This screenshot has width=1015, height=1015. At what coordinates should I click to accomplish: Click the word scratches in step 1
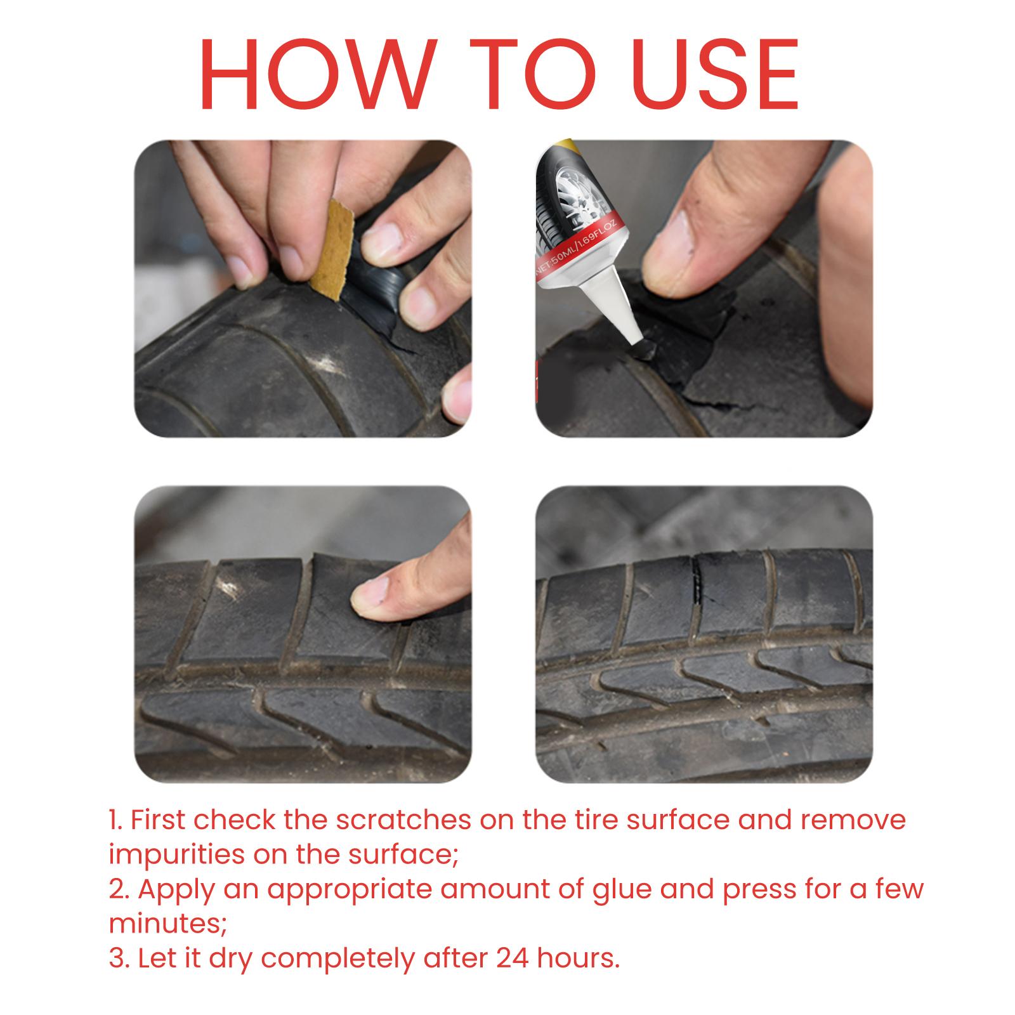tap(403, 820)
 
